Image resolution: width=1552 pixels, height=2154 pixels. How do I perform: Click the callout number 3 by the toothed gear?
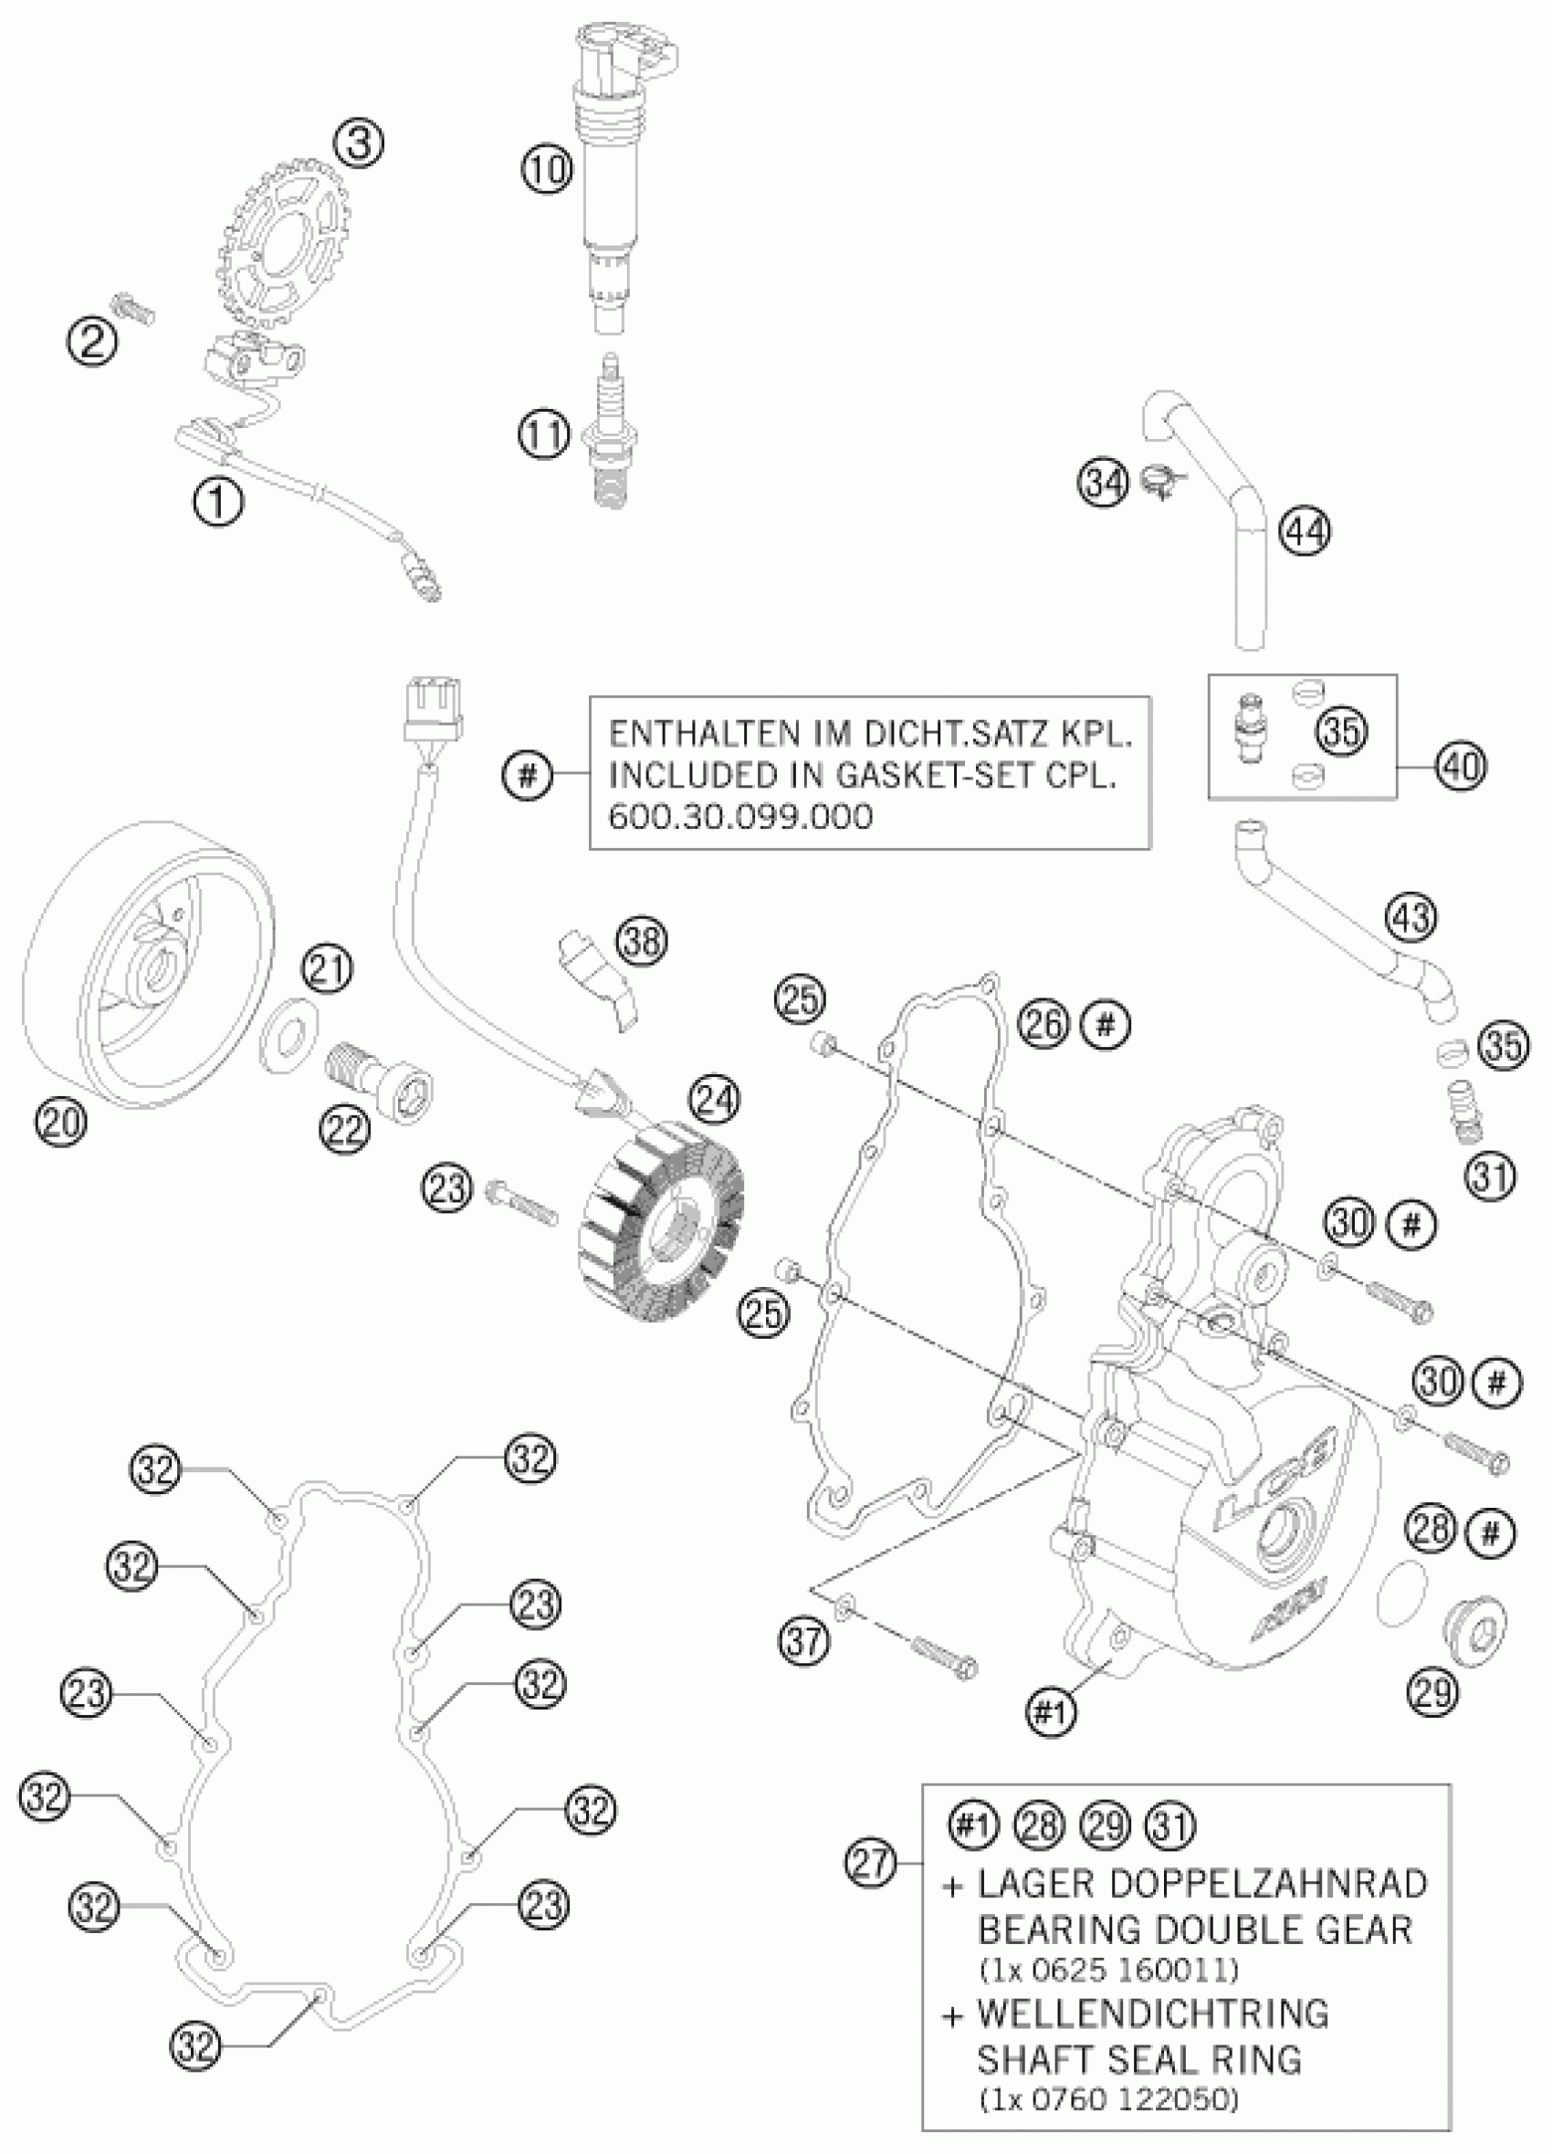pyautogui.click(x=359, y=145)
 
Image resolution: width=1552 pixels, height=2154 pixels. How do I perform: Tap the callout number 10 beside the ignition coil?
pyautogui.click(x=546, y=170)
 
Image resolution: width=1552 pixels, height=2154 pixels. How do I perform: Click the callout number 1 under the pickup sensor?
pyautogui.click(x=217, y=500)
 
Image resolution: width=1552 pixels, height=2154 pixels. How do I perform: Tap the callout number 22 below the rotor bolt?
pyautogui.click(x=344, y=1129)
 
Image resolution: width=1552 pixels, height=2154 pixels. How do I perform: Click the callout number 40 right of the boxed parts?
pyautogui.click(x=1461, y=766)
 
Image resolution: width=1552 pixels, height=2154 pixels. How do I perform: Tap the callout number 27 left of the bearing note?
pyautogui.click(x=870, y=1863)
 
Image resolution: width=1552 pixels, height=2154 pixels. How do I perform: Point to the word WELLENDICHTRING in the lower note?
pyautogui.click(x=1151, y=2013)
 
